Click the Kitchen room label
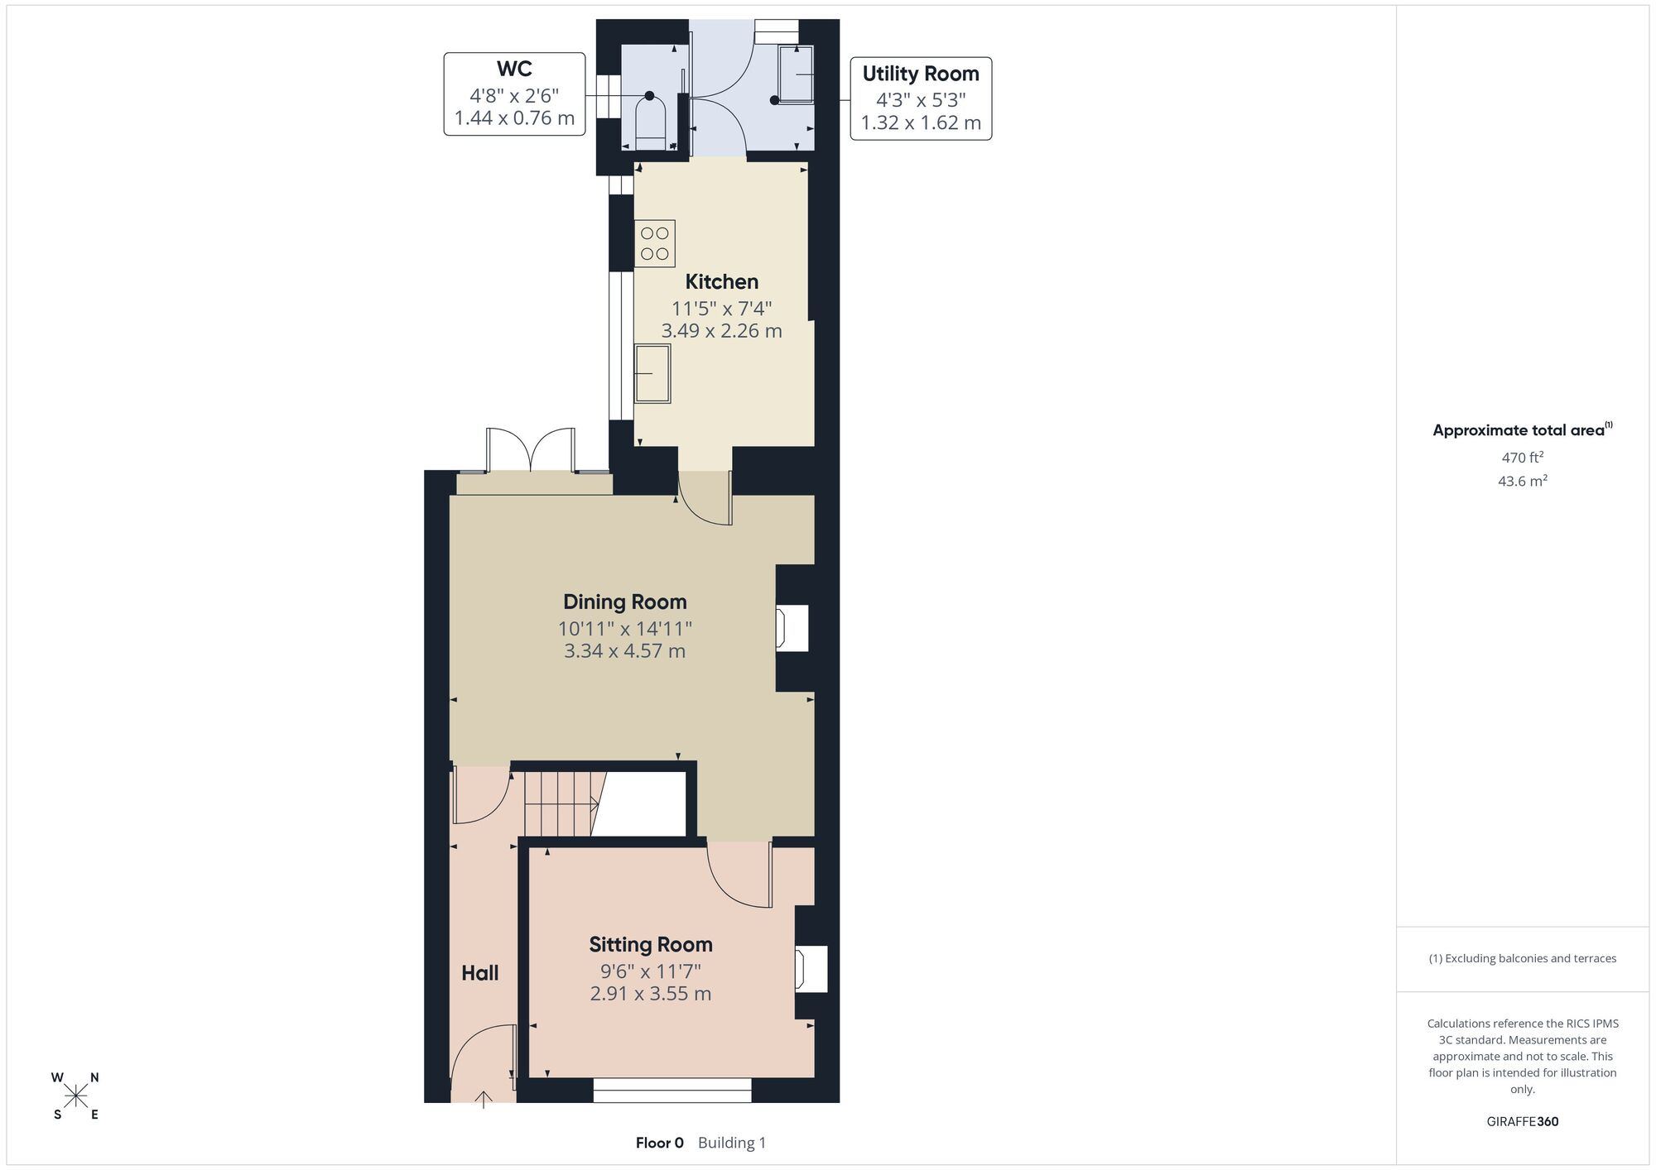pyautogui.click(x=721, y=282)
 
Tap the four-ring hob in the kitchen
pyautogui.click(x=655, y=243)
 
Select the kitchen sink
pyautogui.click(x=652, y=374)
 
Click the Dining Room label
pyautogui.click(x=625, y=602)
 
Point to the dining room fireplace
pyautogui.click(x=792, y=629)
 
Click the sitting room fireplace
pyautogui.click(x=811, y=968)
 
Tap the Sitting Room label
pyautogui.click(x=651, y=945)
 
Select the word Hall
pyautogui.click(x=480, y=973)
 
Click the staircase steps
pyautogui.click(x=561, y=803)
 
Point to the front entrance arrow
pyautogui.click(x=484, y=1099)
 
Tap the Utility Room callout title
pyautogui.click(x=921, y=74)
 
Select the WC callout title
pyautogui.click(x=514, y=69)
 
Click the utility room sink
pyautogui.click(x=796, y=74)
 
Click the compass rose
pyautogui.click(x=76, y=1096)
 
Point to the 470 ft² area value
pyautogui.click(x=1523, y=457)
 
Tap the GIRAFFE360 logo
pyautogui.click(x=1523, y=1122)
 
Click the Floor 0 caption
pyautogui.click(x=660, y=1143)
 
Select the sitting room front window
pyautogui.click(x=672, y=1090)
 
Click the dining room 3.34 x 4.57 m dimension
pyautogui.click(x=625, y=651)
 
